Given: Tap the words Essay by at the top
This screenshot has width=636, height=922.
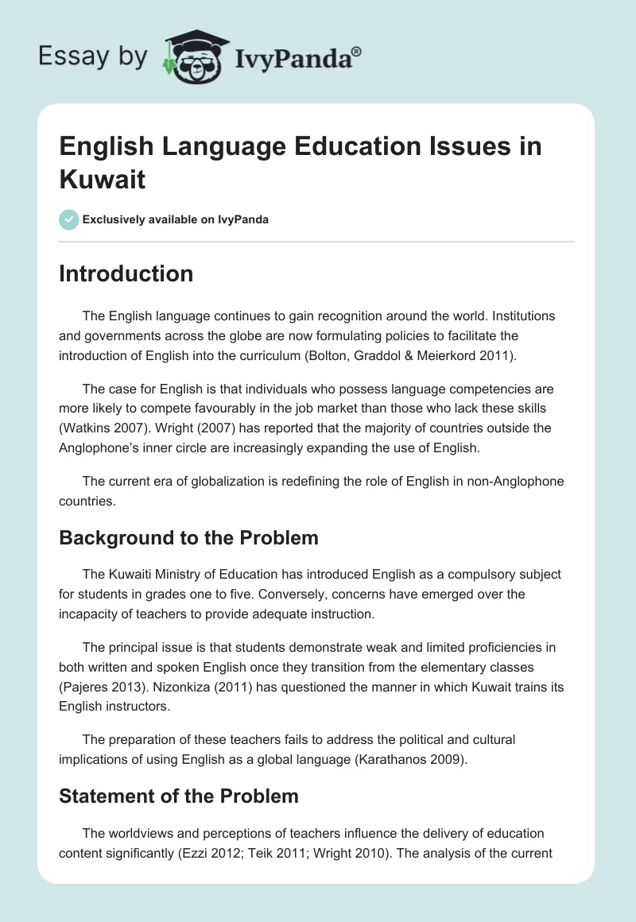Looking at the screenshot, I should click(92, 56).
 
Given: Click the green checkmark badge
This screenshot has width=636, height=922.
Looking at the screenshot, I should click(69, 219).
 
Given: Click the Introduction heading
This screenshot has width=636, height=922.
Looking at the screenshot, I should click(126, 273).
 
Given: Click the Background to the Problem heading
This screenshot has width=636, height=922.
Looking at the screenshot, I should click(188, 537).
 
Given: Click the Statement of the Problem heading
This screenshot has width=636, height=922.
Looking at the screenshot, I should click(178, 796).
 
